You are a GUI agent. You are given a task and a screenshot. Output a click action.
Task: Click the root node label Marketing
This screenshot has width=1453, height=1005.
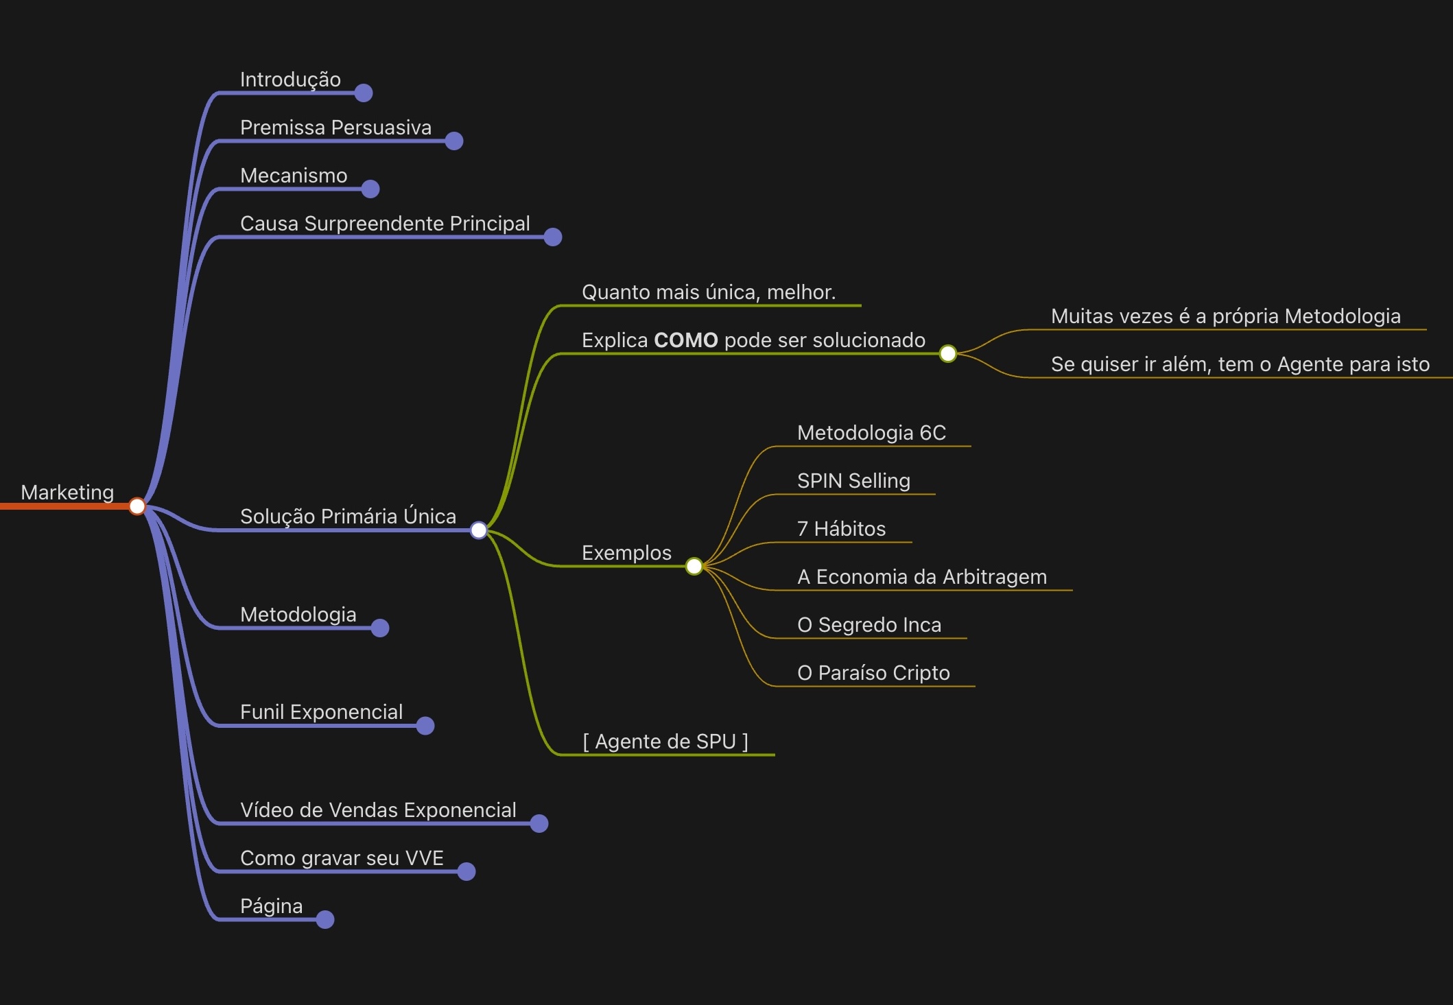click(67, 493)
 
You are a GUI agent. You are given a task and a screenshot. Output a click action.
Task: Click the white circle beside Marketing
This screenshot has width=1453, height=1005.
click(137, 506)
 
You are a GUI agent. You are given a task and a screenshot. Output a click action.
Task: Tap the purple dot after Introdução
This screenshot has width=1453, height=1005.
click(364, 93)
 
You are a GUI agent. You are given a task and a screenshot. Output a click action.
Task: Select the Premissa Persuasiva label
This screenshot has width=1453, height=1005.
click(335, 128)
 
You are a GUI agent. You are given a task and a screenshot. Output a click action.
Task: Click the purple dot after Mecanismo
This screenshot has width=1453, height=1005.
click(370, 189)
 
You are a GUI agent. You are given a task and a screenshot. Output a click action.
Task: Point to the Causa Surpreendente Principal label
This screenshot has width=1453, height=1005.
click(385, 224)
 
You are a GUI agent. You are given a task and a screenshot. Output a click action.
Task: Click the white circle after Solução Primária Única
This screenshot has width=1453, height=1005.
click(479, 530)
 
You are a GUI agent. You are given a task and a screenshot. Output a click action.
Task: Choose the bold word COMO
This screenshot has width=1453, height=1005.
click(685, 340)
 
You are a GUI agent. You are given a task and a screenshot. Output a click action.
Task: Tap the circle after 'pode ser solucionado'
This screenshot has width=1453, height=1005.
click(947, 354)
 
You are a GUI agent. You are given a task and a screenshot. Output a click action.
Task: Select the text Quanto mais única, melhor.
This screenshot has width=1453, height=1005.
click(709, 292)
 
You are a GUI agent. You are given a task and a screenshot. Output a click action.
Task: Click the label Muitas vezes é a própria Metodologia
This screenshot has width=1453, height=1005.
click(1225, 316)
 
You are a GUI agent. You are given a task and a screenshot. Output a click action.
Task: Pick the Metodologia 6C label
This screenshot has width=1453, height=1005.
click(871, 433)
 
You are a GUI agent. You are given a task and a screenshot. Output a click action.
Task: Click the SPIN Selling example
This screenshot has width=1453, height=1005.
click(853, 481)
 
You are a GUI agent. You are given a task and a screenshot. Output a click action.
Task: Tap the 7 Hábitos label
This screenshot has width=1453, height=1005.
click(841, 529)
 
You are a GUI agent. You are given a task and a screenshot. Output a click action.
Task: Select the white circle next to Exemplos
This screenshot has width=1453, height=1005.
click(694, 566)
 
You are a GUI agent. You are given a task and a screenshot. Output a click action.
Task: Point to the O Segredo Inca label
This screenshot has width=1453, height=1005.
click(869, 625)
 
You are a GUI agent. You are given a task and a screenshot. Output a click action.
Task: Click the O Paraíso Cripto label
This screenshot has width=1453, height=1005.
click(873, 673)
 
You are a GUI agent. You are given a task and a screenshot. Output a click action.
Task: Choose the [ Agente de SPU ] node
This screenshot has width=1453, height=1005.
click(665, 742)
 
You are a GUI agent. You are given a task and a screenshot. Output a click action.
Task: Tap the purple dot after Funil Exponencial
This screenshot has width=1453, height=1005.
click(425, 726)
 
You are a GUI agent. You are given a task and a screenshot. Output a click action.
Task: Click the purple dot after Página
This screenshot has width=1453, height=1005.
click(325, 919)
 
